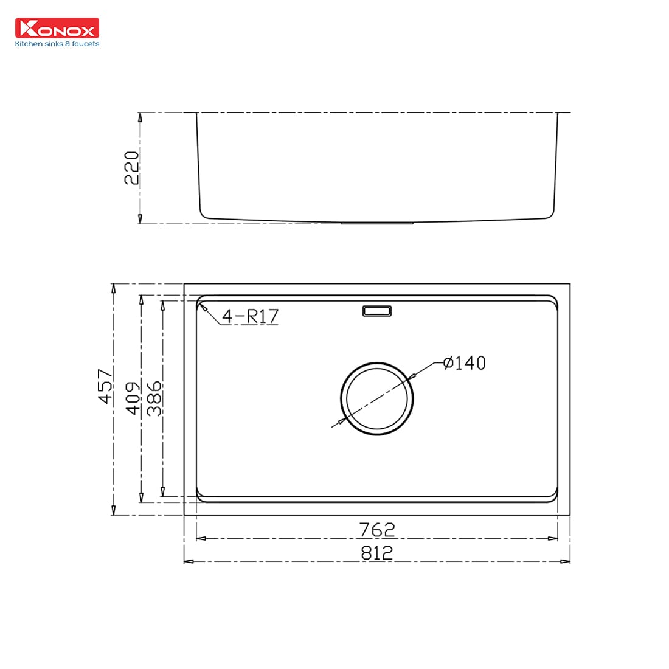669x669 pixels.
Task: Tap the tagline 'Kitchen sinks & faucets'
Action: pos(57,44)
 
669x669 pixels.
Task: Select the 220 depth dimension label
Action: pos(132,168)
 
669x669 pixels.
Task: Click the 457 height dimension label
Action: pos(105,386)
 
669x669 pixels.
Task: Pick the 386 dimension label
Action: pos(154,398)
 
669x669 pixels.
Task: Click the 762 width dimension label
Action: pos(377,530)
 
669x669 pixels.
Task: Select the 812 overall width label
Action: pos(377,552)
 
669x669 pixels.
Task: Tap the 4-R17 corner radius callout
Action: pos(249,316)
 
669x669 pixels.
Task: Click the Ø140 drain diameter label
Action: pos(465,363)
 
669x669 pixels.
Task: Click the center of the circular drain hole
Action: pos(377,399)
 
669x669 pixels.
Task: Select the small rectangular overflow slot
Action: pos(377,311)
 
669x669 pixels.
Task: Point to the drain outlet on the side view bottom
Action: pos(377,223)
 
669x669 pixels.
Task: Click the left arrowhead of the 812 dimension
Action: pos(189,561)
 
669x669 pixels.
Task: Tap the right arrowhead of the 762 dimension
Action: pos(553,538)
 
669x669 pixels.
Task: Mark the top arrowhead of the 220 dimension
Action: pos(140,117)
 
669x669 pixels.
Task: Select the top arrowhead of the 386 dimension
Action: pos(162,305)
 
